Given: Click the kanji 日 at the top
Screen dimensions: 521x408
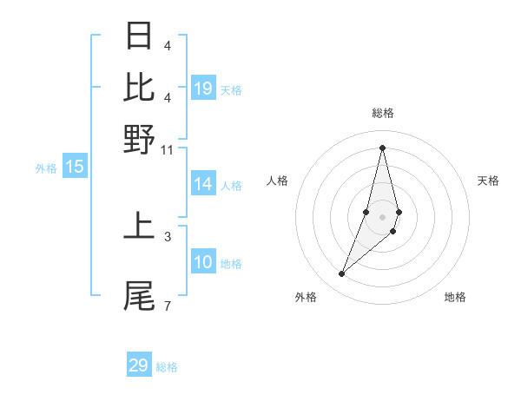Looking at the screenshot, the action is click(140, 36).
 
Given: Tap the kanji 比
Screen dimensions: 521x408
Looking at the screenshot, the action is click(140, 87).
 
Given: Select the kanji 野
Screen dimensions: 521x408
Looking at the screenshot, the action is click(140, 139).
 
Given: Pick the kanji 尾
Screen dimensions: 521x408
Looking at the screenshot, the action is click(140, 295).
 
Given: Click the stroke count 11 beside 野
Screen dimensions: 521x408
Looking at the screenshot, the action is click(168, 149).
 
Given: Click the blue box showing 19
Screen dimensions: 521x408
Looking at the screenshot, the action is click(203, 88).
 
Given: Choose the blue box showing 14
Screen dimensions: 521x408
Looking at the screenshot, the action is click(203, 184).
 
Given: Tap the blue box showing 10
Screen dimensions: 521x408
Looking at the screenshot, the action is click(203, 262).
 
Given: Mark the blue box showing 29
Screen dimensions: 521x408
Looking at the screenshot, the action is click(139, 365).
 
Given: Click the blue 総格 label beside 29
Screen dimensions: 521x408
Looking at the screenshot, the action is click(167, 367).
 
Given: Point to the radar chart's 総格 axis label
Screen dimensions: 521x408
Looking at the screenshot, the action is click(383, 114).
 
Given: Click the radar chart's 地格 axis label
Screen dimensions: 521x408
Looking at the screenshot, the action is click(455, 298).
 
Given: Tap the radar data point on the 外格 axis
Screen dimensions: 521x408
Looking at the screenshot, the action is click(341, 274).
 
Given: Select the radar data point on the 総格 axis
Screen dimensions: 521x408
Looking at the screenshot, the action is click(383, 148).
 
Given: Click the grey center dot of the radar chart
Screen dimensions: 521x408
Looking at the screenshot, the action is click(383, 216).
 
